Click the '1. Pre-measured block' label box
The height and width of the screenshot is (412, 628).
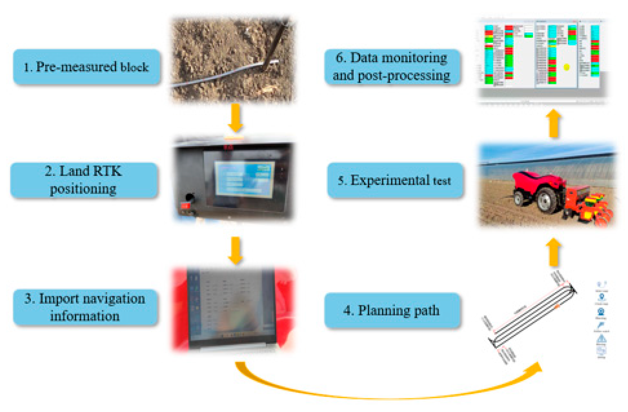click(86, 67)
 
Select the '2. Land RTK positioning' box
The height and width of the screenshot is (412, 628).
click(84, 180)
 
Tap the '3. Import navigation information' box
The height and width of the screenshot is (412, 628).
click(85, 307)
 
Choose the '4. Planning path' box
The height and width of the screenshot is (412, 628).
click(392, 310)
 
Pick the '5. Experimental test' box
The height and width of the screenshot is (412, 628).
click(394, 180)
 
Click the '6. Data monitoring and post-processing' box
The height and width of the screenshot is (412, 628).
click(392, 67)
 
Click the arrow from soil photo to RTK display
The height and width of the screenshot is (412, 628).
click(235, 118)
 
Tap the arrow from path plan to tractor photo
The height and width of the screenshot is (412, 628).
click(554, 252)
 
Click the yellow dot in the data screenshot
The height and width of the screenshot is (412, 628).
click(566, 67)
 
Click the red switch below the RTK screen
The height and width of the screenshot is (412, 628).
click(185, 206)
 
